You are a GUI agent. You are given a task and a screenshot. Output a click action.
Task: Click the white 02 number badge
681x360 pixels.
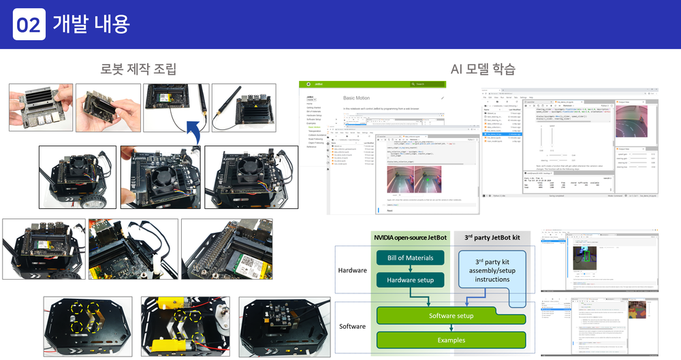click(x=29, y=24)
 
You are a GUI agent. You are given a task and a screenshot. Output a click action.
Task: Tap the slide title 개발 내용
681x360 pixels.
click(x=91, y=24)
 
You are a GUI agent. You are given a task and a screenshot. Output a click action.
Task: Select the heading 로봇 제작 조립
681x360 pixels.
click(x=138, y=69)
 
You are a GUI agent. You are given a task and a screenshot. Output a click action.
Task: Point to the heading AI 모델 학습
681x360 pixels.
click(x=483, y=69)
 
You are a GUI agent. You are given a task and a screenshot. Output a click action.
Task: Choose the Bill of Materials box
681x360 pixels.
click(x=410, y=258)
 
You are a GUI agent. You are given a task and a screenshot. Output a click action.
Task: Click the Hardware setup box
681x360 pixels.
click(x=410, y=280)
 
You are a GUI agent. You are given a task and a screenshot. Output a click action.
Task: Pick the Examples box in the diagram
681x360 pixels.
click(x=452, y=340)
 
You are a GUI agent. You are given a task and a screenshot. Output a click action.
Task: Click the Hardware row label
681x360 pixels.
click(x=353, y=269)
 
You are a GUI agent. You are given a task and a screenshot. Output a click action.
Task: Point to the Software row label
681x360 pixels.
click(x=352, y=327)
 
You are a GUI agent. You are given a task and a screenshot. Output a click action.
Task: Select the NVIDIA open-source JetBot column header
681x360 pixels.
click(x=411, y=238)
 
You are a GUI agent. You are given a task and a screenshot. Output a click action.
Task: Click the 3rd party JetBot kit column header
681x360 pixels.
click(x=492, y=238)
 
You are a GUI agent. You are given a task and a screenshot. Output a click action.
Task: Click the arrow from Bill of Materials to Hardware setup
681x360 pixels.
click(x=410, y=269)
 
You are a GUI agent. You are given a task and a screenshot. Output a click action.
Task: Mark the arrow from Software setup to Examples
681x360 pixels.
click(x=451, y=328)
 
